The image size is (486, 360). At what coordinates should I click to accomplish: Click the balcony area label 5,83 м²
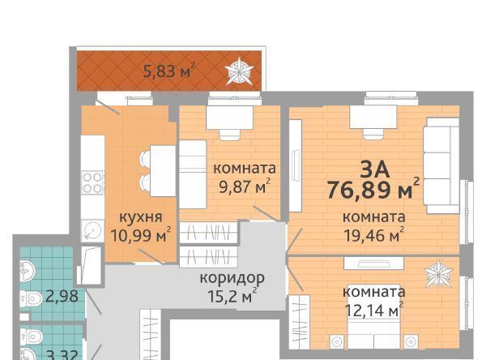pos(169,71)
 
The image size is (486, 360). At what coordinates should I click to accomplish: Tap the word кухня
pos(141,216)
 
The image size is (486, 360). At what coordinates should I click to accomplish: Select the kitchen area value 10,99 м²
pos(141,234)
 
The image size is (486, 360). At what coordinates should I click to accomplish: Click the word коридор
pos(232,278)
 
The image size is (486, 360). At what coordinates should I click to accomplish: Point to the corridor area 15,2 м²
pos(232,296)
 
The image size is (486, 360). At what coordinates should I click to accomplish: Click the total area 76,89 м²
pos(373,189)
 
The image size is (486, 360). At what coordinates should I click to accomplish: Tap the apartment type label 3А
pos(374,169)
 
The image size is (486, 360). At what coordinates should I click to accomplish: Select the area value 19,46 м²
pos(374,235)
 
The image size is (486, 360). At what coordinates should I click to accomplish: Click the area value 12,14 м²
pos(374,309)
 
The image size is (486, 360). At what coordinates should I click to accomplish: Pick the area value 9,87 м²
pos(245,186)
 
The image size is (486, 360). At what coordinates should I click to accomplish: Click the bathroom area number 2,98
pos(62,297)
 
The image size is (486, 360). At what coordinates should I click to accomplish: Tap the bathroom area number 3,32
pos(62,354)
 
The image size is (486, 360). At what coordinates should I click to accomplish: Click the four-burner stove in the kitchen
pos(92,182)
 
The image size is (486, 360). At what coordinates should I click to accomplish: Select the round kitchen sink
pos(92,230)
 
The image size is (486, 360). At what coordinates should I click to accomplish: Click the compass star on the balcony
pos(239,71)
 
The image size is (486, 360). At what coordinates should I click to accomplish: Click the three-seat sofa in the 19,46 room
pos(441,165)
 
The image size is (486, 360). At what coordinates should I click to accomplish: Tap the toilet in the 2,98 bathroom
pos(31,299)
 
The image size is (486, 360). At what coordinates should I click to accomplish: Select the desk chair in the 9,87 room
pos(230,135)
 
